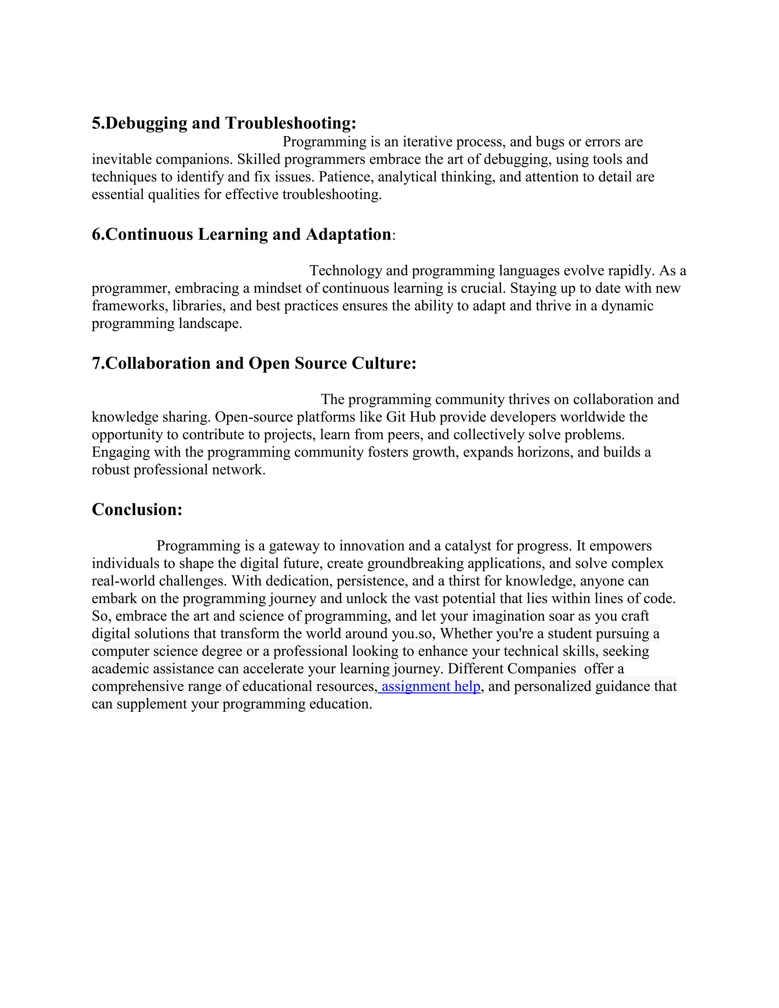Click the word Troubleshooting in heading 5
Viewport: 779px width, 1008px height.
tap(291, 123)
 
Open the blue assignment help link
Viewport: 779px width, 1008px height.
tap(431, 686)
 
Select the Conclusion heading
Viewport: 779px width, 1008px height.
tap(137, 510)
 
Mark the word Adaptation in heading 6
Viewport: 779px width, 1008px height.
tap(348, 234)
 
